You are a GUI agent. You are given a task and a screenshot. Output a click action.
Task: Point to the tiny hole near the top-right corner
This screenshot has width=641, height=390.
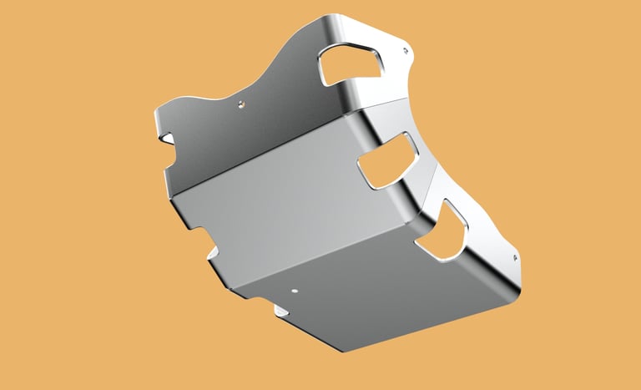[x=406, y=52]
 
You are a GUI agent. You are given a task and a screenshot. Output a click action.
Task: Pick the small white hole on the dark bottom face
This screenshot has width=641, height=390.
[x=294, y=291]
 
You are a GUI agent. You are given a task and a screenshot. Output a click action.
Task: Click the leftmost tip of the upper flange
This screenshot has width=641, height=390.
[x=154, y=114]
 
